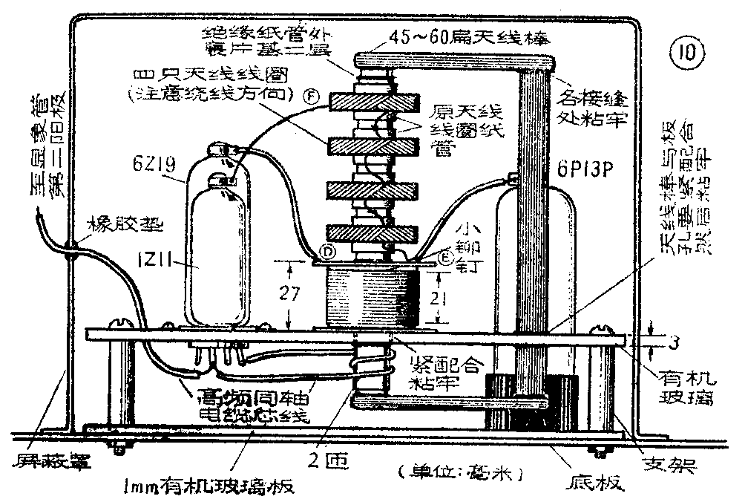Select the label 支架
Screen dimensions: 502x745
pos(675,466)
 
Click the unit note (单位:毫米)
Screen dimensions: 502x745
pos(460,472)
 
